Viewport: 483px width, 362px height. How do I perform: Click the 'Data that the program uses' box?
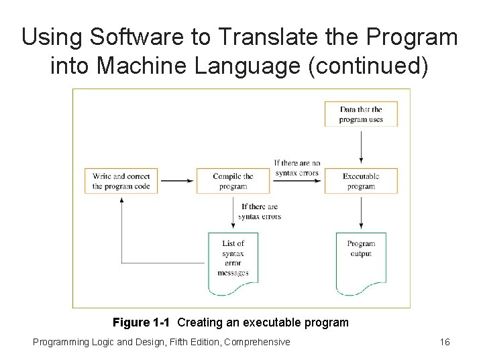361,114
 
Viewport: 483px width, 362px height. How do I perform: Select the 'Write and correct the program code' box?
121,181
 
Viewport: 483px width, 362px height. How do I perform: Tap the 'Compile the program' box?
233,181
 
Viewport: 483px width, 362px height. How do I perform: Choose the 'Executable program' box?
361,181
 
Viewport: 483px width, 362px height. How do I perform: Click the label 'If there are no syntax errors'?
297,168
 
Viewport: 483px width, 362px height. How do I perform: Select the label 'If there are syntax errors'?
260,211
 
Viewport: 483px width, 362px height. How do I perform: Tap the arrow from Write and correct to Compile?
177,180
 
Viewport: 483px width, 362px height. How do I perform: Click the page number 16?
444,343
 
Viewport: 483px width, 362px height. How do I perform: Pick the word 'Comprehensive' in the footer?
258,343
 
